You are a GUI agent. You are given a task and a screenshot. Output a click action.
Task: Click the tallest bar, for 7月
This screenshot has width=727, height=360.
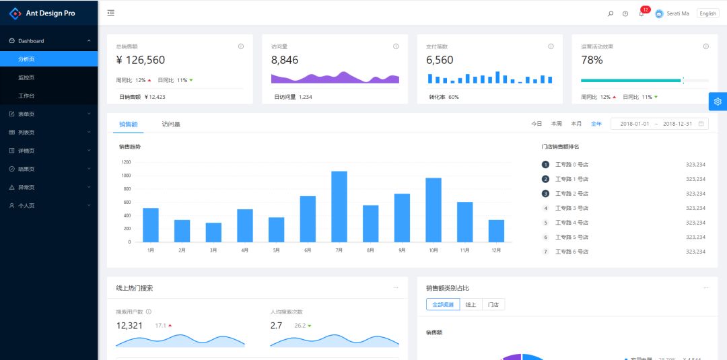(339, 207)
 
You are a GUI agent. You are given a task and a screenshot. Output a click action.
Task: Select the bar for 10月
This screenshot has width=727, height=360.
(434, 210)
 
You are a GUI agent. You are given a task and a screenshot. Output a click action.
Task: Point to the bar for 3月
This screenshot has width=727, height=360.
(213, 232)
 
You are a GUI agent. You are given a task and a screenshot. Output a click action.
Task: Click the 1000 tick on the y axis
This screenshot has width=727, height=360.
(126, 175)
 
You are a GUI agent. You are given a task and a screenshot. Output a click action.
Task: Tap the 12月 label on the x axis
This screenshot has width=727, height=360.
(496, 250)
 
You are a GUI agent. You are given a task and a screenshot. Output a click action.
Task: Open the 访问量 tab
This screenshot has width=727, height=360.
(171, 124)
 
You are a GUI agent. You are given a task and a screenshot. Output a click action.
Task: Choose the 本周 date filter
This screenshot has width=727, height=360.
(556, 124)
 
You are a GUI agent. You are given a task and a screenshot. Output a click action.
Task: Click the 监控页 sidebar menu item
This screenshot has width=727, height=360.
(27, 77)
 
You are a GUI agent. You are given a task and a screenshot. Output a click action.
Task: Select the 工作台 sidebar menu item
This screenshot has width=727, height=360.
(27, 96)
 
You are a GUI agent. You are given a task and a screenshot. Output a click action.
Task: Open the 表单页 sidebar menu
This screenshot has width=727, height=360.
(27, 114)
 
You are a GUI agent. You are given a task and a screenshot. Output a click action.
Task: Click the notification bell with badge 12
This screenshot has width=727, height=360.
(642, 13)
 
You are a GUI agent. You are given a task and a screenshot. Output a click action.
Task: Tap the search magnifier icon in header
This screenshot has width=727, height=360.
(611, 13)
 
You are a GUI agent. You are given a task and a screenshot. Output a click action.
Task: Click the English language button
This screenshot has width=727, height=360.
(707, 13)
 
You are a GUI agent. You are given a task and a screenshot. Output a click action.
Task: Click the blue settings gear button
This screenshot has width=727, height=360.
(718, 102)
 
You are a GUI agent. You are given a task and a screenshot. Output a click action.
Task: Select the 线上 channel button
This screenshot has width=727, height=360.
(471, 305)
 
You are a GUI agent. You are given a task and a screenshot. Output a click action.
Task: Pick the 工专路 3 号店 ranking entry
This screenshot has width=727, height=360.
(572, 208)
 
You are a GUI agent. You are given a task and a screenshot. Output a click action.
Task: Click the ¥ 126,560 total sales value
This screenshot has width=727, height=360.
(141, 60)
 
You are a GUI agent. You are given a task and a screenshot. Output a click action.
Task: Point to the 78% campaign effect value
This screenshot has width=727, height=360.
(592, 60)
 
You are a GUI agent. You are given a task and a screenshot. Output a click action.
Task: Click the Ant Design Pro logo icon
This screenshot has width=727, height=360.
(15, 13)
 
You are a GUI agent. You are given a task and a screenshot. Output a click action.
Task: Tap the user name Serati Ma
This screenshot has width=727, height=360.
(678, 13)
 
